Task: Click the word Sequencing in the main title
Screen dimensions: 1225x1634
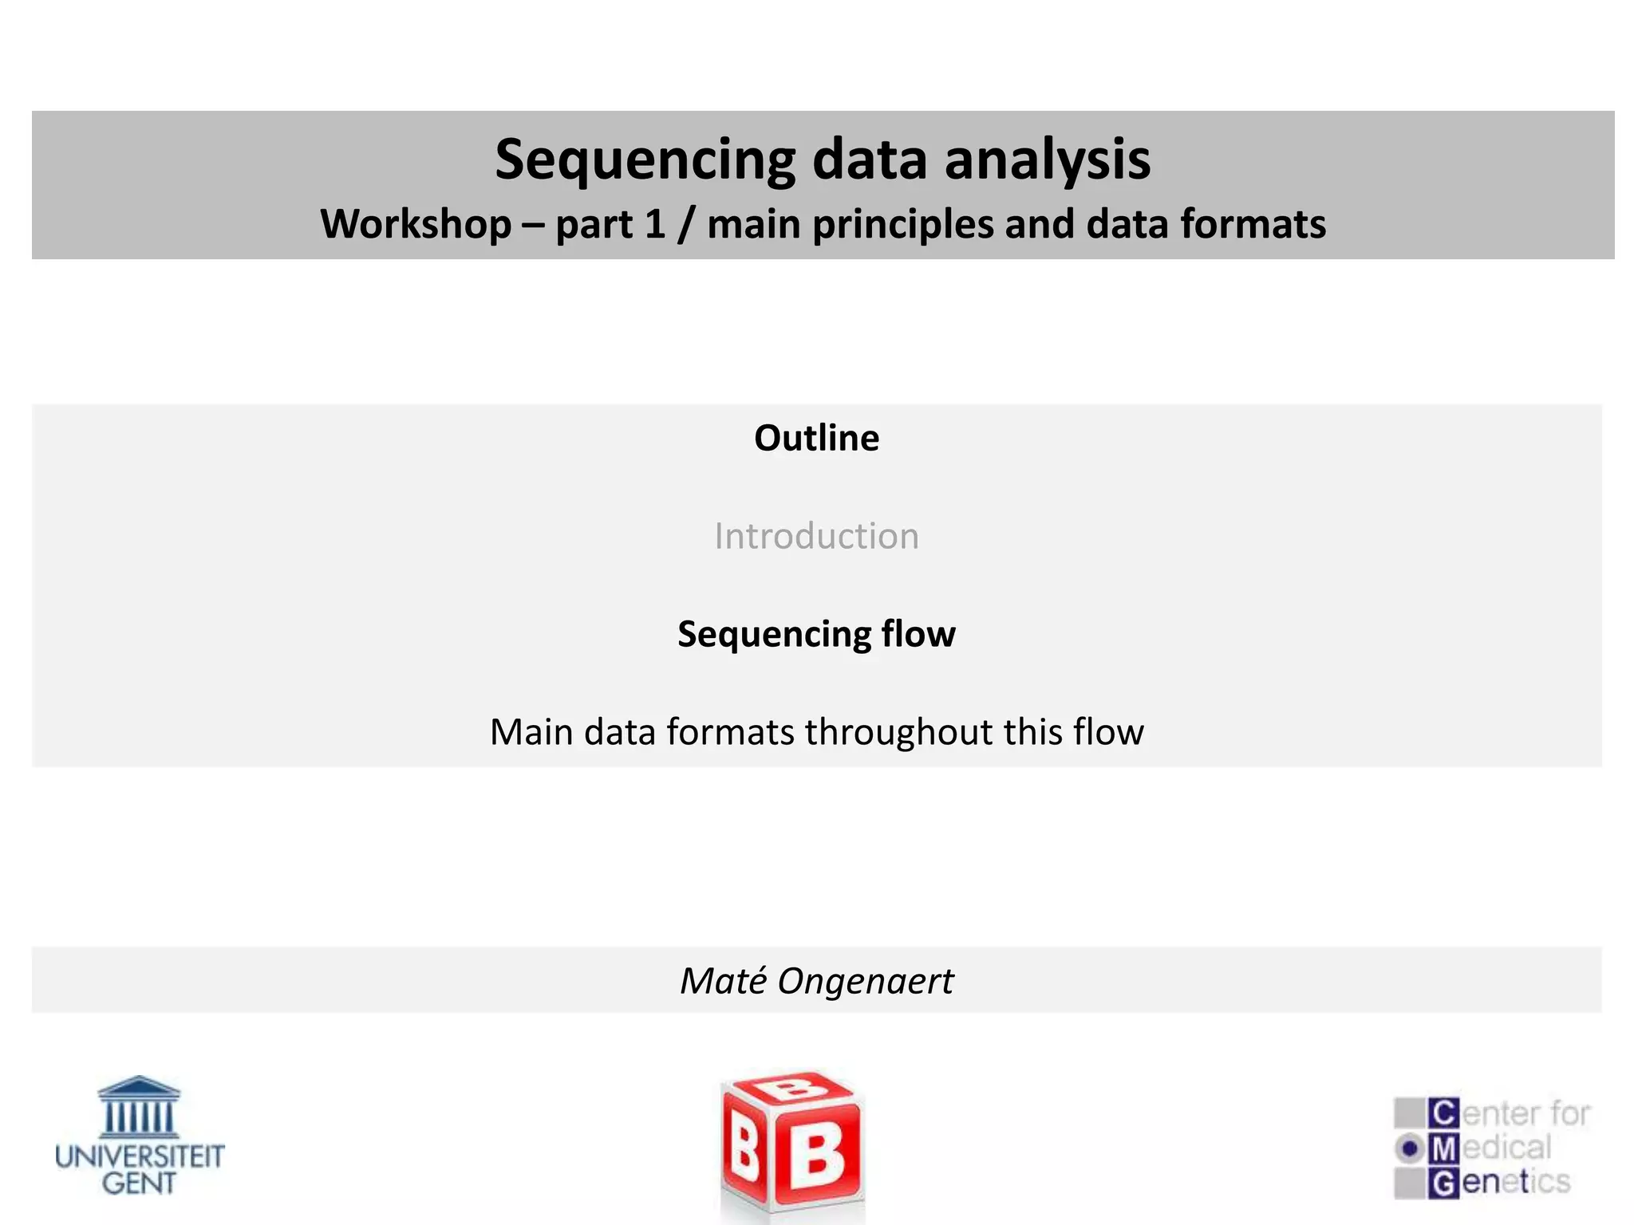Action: pyautogui.click(x=645, y=160)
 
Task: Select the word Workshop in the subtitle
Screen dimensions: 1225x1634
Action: pyautogui.click(x=416, y=224)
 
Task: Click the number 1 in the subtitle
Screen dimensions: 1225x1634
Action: pyautogui.click(x=655, y=224)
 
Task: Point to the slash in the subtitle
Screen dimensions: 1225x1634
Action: pyautogui.click(x=685, y=225)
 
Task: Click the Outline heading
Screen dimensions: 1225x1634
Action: pyautogui.click(x=816, y=438)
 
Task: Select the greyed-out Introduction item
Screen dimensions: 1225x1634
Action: pyautogui.click(x=816, y=536)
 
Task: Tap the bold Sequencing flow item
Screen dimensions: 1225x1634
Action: pyautogui.click(x=816, y=634)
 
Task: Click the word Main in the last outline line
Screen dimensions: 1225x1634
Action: pyautogui.click(x=531, y=732)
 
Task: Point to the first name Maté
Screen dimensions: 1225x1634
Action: pyautogui.click(x=724, y=981)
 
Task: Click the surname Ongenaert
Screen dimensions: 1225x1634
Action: pyautogui.click(x=865, y=981)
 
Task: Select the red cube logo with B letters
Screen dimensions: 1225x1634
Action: pyautogui.click(x=792, y=1145)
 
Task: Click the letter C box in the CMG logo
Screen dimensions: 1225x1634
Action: pyautogui.click(x=1443, y=1113)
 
